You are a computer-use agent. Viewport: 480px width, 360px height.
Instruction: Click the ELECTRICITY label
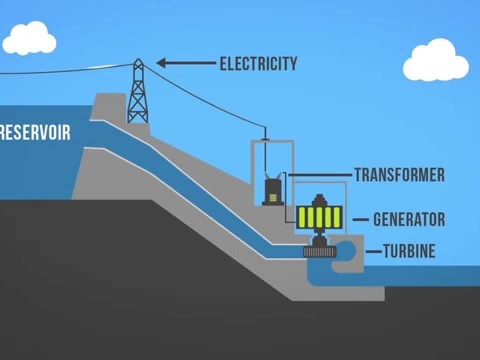click(258, 64)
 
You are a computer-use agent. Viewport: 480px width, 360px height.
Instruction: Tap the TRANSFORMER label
click(399, 175)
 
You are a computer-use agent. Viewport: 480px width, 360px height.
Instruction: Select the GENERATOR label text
click(408, 219)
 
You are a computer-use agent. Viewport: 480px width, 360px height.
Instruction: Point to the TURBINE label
click(409, 251)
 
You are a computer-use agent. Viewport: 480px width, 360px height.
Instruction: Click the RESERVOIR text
click(35, 132)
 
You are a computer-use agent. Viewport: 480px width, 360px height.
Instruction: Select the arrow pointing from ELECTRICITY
click(185, 64)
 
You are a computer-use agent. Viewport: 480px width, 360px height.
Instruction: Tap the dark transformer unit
click(270, 190)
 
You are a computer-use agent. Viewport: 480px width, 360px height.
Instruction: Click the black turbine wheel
click(321, 254)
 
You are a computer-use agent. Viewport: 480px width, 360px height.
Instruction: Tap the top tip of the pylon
click(138, 61)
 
